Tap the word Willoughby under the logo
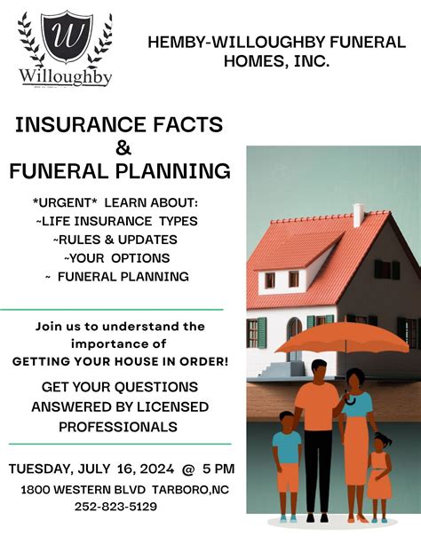pos(66,77)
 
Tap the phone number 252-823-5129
pos(115,507)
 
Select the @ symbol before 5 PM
pos(188,468)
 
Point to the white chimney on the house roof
pos(358,215)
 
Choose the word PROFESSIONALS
pos(118,428)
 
